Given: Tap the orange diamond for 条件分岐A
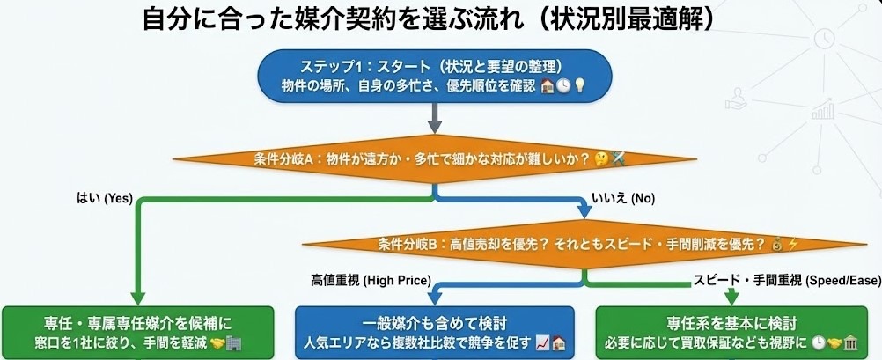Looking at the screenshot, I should pos(434,159).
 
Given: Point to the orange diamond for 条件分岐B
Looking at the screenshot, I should pos(585,244).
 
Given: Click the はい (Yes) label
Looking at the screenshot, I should pos(105,199).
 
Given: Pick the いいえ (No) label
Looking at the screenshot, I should pos(623,199).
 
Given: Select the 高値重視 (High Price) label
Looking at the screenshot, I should pos(370,282).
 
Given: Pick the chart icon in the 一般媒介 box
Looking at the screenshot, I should pos(543,342).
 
